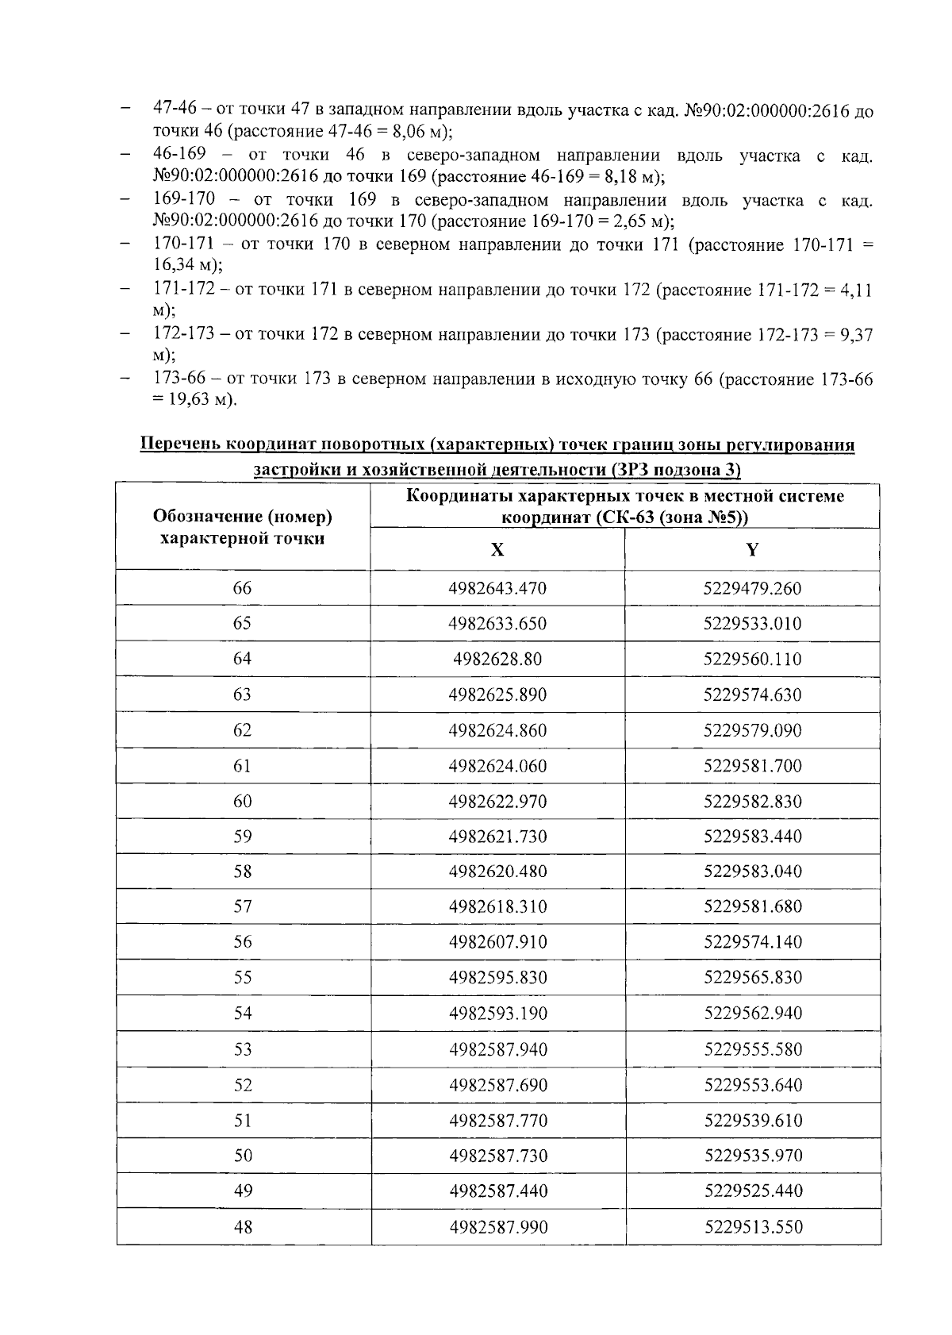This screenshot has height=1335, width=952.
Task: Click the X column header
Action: (x=497, y=550)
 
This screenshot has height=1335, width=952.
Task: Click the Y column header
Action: (x=752, y=550)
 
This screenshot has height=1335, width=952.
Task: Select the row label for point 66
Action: (x=242, y=588)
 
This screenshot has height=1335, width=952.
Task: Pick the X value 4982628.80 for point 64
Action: (x=497, y=659)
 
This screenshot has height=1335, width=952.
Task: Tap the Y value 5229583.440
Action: (x=752, y=837)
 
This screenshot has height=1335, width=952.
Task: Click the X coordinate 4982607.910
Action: (x=497, y=942)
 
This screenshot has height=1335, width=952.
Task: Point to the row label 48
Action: (x=243, y=1227)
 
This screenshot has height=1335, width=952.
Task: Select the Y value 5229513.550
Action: (x=753, y=1227)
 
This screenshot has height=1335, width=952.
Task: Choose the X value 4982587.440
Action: (x=497, y=1191)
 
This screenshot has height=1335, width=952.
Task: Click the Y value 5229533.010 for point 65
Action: (x=752, y=623)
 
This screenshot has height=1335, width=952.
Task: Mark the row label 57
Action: (x=242, y=906)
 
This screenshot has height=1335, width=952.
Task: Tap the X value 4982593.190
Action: (x=497, y=1014)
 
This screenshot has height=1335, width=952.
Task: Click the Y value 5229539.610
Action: (x=752, y=1121)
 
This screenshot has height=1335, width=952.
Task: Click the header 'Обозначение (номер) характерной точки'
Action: (x=242, y=528)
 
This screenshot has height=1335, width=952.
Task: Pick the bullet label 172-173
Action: (x=183, y=334)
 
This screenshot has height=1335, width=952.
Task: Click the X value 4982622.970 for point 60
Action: (x=497, y=801)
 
